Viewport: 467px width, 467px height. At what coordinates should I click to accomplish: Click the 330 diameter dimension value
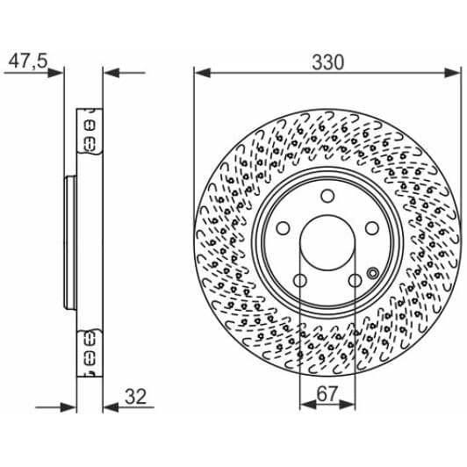(327, 62)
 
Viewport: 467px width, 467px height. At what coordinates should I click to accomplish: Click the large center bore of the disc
(327, 243)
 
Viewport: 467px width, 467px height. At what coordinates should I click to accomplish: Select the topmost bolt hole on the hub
(327, 196)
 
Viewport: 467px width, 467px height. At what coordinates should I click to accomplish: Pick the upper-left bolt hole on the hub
(283, 227)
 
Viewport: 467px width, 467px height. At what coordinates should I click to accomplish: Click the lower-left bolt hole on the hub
(299, 281)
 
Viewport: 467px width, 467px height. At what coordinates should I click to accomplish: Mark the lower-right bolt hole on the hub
(356, 281)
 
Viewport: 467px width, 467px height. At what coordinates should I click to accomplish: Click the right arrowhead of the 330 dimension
(453, 75)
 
